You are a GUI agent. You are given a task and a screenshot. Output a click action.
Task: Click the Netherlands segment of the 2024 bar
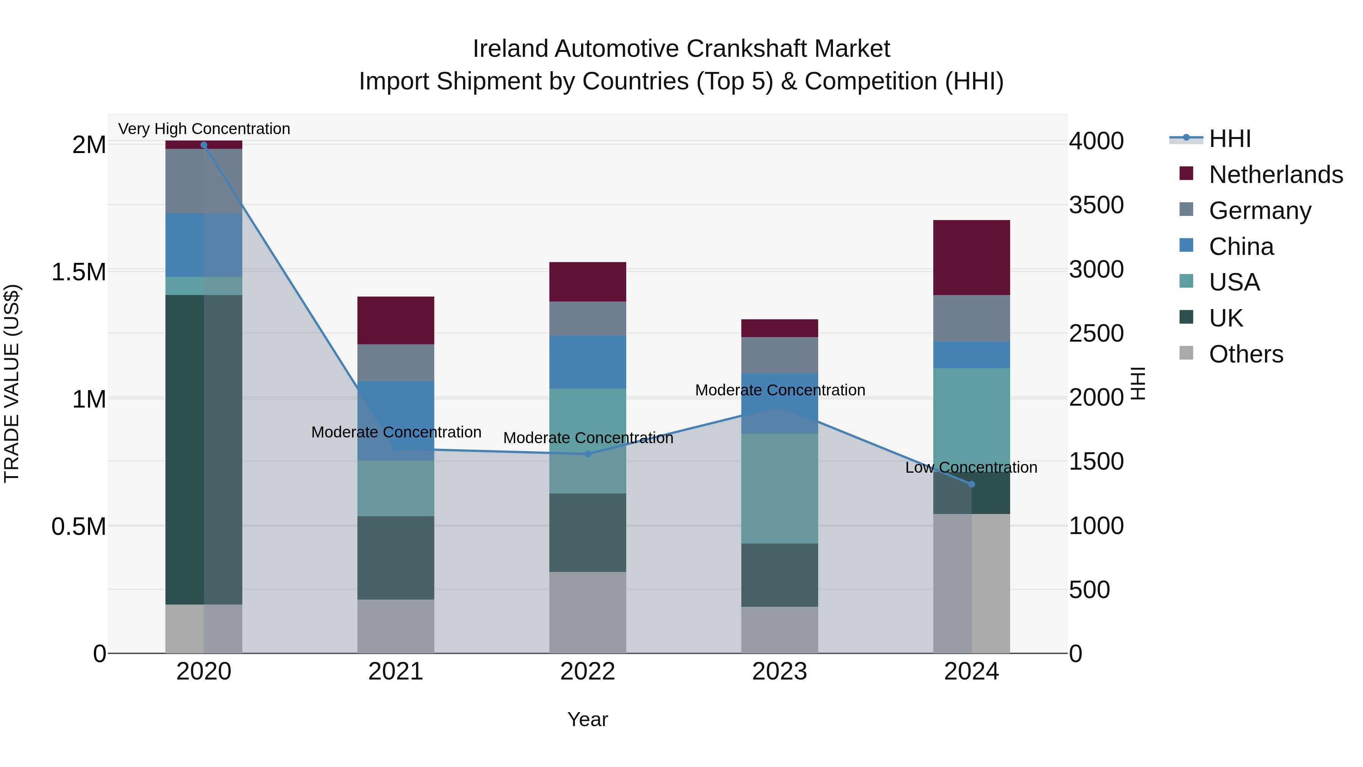(972, 257)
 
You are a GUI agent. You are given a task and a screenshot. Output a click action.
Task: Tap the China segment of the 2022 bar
(587, 362)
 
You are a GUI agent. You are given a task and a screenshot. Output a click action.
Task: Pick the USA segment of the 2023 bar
(780, 488)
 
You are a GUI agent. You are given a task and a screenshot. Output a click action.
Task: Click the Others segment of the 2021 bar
(396, 626)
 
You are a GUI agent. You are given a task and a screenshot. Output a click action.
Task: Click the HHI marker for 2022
(587, 454)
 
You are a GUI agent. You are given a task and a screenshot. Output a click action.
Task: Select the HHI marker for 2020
(204, 145)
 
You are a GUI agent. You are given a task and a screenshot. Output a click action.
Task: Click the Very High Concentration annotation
(204, 129)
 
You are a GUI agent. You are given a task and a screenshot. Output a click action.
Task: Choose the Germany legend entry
(1260, 211)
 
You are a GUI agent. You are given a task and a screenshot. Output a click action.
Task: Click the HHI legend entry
(1230, 139)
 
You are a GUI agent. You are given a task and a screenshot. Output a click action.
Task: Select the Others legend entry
(1246, 354)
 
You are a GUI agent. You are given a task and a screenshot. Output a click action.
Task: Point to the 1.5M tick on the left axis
(78, 272)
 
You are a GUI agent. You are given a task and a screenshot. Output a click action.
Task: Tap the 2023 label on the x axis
(780, 672)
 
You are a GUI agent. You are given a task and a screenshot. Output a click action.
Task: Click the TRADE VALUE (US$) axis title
(12, 383)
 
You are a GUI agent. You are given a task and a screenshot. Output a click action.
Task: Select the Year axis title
(587, 719)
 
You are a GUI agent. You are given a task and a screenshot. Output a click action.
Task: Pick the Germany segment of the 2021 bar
(396, 363)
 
